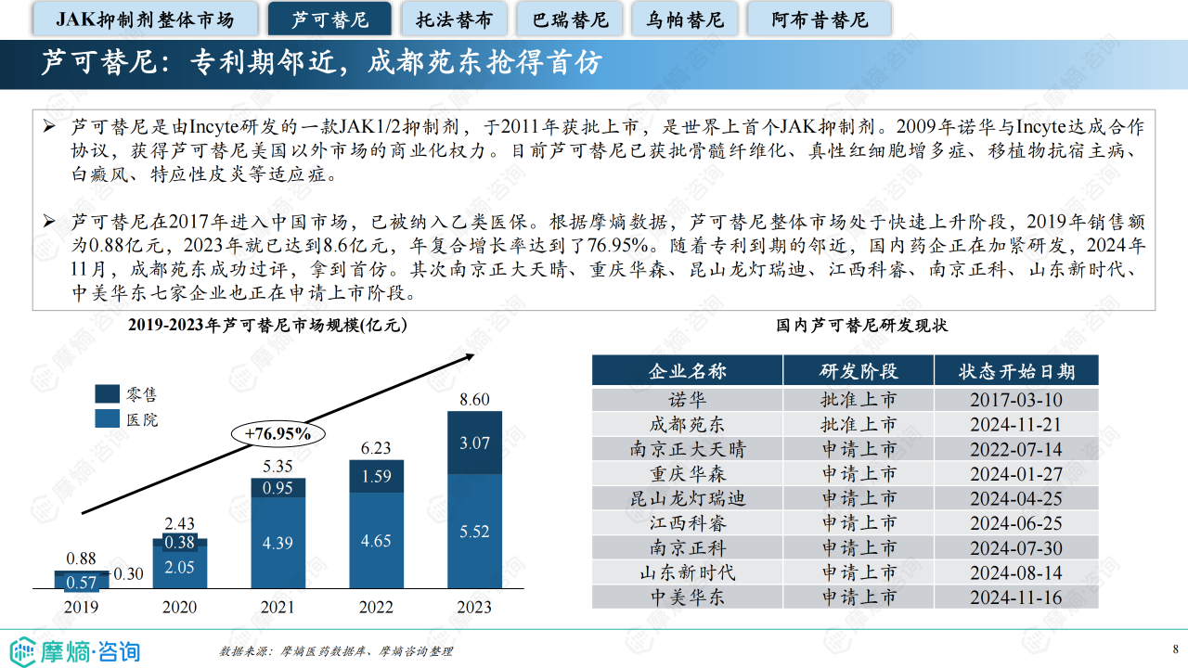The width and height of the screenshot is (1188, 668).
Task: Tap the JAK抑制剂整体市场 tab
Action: click(x=145, y=19)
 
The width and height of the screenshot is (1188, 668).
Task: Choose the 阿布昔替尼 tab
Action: click(x=819, y=19)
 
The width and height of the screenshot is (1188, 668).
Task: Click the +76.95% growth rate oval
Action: click(x=278, y=433)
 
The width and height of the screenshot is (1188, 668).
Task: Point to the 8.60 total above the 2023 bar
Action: click(x=474, y=400)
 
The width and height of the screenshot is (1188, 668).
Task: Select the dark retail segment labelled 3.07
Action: click(x=474, y=443)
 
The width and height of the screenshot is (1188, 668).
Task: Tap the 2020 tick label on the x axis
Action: click(x=180, y=607)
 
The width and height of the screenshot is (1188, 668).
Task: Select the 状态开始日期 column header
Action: click(x=1016, y=371)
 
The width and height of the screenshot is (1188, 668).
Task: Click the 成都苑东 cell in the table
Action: click(x=687, y=424)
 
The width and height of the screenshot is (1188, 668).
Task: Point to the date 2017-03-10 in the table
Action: click(x=1016, y=400)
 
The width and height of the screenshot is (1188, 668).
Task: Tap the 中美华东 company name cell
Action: click(x=687, y=597)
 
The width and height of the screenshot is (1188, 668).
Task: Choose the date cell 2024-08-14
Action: click(x=1016, y=572)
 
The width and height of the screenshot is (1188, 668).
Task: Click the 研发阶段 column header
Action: click(x=859, y=371)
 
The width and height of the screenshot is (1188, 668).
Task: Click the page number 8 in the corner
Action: click(x=1175, y=649)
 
